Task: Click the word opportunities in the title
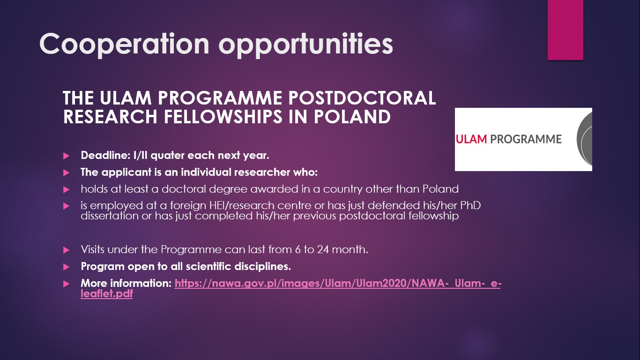pyautogui.click(x=306, y=45)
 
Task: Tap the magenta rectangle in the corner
pyautogui.click(x=565, y=30)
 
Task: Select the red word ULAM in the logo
pyautogui.click(x=471, y=139)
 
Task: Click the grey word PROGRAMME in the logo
pyautogui.click(x=526, y=139)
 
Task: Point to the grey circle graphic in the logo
pyautogui.click(x=585, y=139)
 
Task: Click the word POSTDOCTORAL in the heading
pyautogui.click(x=362, y=98)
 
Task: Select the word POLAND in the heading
pyautogui.click(x=352, y=117)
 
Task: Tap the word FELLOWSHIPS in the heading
pyautogui.click(x=223, y=117)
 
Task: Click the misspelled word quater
pyautogui.click(x=167, y=156)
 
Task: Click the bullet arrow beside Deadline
pyautogui.click(x=66, y=156)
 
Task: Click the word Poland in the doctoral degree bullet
pyautogui.click(x=440, y=189)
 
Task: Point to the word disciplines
pyautogui.click(x=262, y=267)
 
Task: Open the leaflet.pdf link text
pyautogui.click(x=106, y=293)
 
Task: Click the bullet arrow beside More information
pyautogui.click(x=66, y=284)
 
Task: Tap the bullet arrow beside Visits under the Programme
pyautogui.click(x=66, y=250)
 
